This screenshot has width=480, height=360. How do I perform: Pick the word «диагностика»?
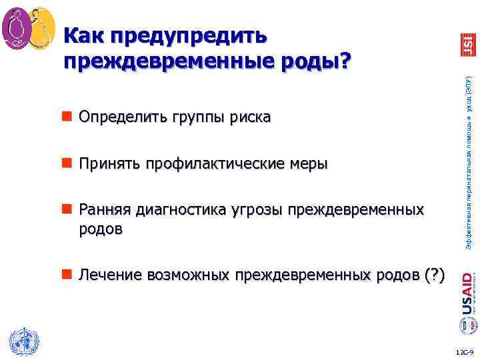[x=179, y=211]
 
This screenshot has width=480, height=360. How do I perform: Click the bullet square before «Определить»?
[x=67, y=118]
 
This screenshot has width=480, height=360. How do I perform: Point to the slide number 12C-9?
[x=464, y=351]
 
